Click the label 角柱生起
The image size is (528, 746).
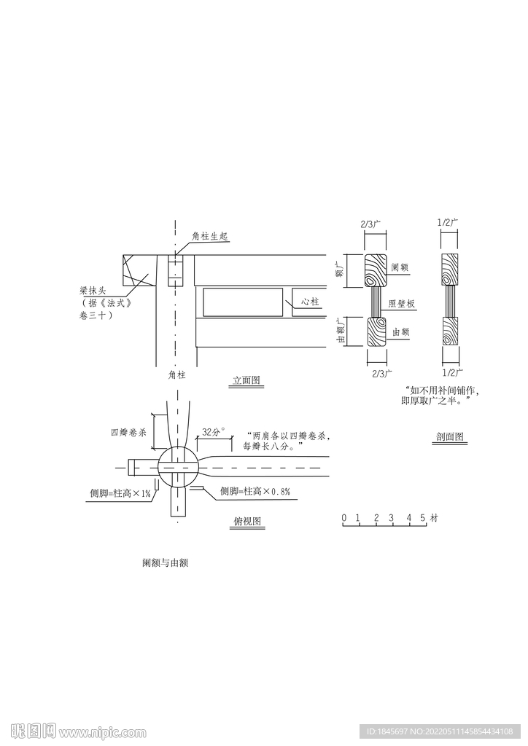coord(210,236)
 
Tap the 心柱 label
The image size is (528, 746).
coord(311,302)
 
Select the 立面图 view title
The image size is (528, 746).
coord(246,380)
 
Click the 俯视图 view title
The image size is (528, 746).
coord(247,521)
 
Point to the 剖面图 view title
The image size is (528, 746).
coord(450,436)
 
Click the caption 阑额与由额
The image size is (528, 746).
coord(166,563)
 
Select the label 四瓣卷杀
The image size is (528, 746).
coord(128,433)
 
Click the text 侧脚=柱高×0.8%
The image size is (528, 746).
coord(255,492)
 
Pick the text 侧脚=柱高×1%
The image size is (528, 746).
coord(120,494)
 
